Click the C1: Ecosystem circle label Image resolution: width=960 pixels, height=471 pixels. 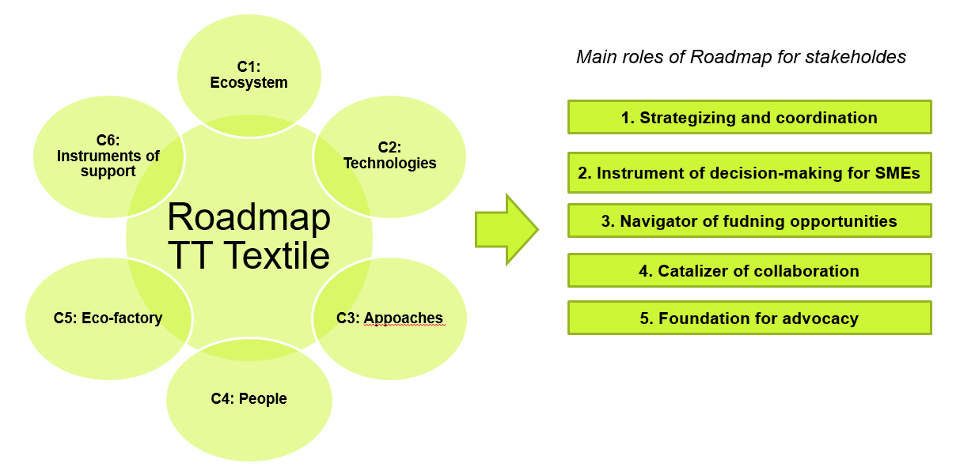[249, 75]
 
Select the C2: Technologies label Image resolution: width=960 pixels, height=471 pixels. [389, 156]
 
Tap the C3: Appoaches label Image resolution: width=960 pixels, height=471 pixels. [389, 318]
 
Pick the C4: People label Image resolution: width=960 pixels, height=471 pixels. [249, 399]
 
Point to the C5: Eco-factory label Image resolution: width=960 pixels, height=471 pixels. [108, 318]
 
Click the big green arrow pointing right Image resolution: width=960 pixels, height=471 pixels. [506, 230]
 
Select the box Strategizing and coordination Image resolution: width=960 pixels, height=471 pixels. [749, 118]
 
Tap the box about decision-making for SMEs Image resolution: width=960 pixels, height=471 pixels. [749, 173]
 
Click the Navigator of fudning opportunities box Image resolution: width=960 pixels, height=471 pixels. [749, 221]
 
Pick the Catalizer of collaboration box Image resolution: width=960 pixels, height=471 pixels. [749, 270]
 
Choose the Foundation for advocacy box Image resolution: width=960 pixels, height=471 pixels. [749, 318]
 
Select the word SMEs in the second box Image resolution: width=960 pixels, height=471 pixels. [898, 173]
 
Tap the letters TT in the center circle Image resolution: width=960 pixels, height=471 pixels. [190, 255]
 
